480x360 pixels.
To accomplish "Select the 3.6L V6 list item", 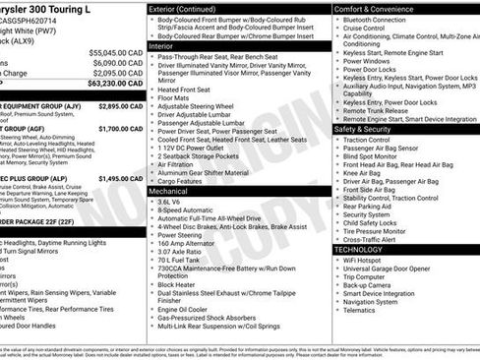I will click(x=176, y=202).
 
